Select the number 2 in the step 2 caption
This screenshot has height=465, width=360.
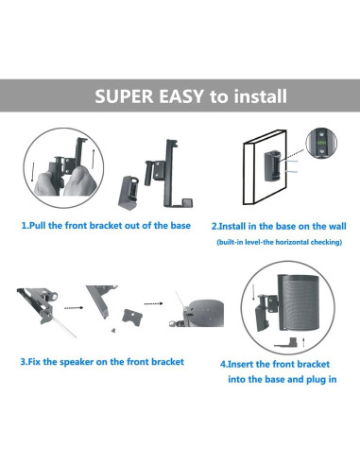(214, 226)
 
